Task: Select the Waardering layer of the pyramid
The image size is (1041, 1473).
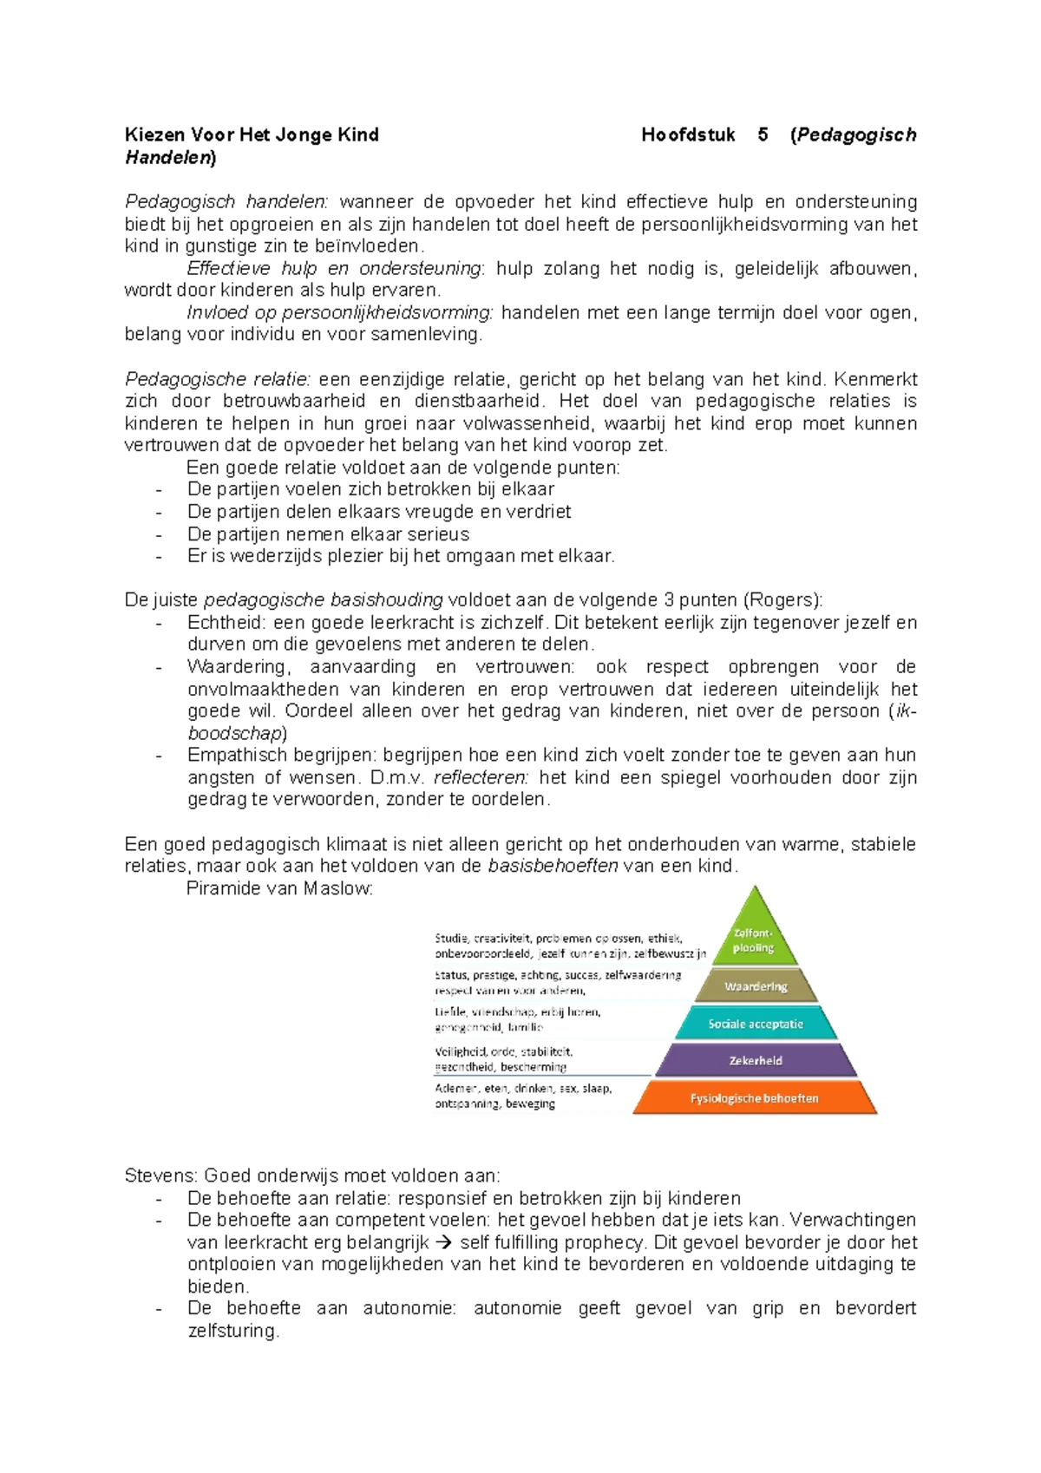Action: [756, 986]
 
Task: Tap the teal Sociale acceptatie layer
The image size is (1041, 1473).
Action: [756, 1024]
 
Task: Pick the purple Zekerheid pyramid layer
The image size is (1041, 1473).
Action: [756, 1060]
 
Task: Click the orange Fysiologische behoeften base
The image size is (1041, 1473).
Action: [754, 1098]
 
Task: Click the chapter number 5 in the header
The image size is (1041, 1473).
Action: [763, 134]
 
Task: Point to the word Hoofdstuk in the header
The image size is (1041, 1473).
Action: [688, 134]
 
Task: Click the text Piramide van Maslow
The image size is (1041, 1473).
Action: [279, 888]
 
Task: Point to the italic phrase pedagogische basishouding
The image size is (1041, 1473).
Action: [323, 600]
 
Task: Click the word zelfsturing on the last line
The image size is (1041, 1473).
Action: [232, 1331]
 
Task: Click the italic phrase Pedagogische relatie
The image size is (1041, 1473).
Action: [217, 379]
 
